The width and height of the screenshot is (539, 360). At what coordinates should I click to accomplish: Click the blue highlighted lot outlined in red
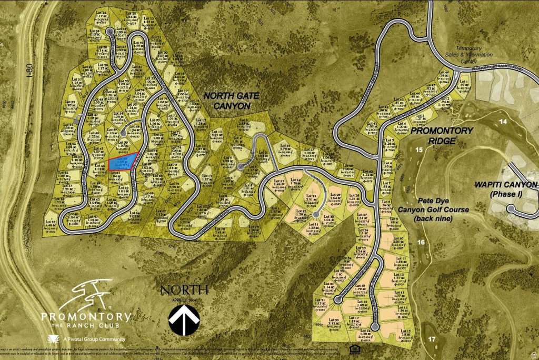point(123,161)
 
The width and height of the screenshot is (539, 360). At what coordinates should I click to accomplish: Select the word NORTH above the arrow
point(184,289)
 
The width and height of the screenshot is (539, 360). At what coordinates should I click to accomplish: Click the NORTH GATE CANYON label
point(227,101)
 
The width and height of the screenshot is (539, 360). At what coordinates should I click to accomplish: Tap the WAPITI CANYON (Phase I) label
point(506,189)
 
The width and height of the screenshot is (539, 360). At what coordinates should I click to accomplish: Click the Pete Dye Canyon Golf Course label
point(433,209)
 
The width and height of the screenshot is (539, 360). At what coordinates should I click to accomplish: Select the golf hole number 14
point(503,122)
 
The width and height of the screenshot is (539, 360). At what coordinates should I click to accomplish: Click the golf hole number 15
point(419,150)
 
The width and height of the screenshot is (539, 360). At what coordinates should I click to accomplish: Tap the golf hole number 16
point(421,242)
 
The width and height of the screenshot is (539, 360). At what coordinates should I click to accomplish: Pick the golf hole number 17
point(431,338)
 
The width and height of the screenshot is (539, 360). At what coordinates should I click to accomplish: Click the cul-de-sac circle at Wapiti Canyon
point(511,208)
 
